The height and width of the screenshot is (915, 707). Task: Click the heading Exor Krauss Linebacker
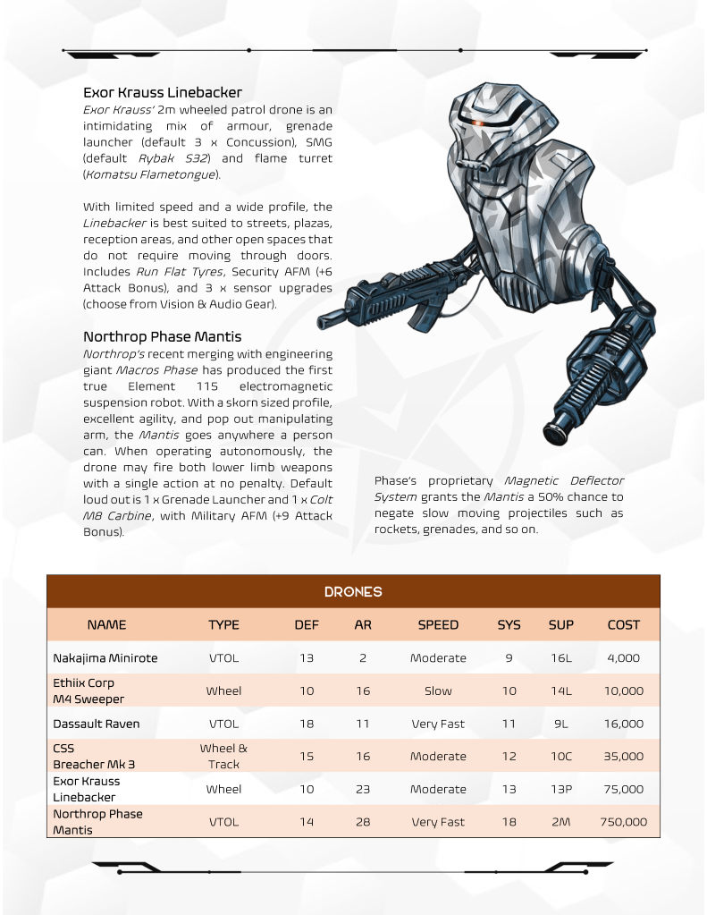(x=163, y=93)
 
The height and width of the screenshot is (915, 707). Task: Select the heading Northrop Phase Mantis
(x=162, y=337)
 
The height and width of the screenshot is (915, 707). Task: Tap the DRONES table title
(x=353, y=592)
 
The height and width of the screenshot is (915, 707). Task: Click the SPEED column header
(x=438, y=625)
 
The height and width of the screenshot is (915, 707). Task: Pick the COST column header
(x=623, y=625)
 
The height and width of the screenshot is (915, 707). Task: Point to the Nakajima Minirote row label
(x=105, y=658)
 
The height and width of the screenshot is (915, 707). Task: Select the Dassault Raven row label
(x=96, y=724)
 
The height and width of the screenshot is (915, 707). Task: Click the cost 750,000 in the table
(x=623, y=822)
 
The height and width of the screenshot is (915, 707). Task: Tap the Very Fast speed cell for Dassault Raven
(x=438, y=724)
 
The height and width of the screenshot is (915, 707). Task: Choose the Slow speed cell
(x=438, y=691)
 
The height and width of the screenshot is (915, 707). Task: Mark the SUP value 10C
(x=561, y=757)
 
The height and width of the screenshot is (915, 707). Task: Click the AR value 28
(x=363, y=822)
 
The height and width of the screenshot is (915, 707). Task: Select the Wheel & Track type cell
(x=223, y=756)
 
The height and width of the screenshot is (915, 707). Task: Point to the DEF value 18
(x=307, y=724)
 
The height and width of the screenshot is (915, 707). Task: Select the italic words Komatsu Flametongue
(x=149, y=174)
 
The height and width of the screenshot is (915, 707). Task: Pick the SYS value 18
(x=509, y=822)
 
